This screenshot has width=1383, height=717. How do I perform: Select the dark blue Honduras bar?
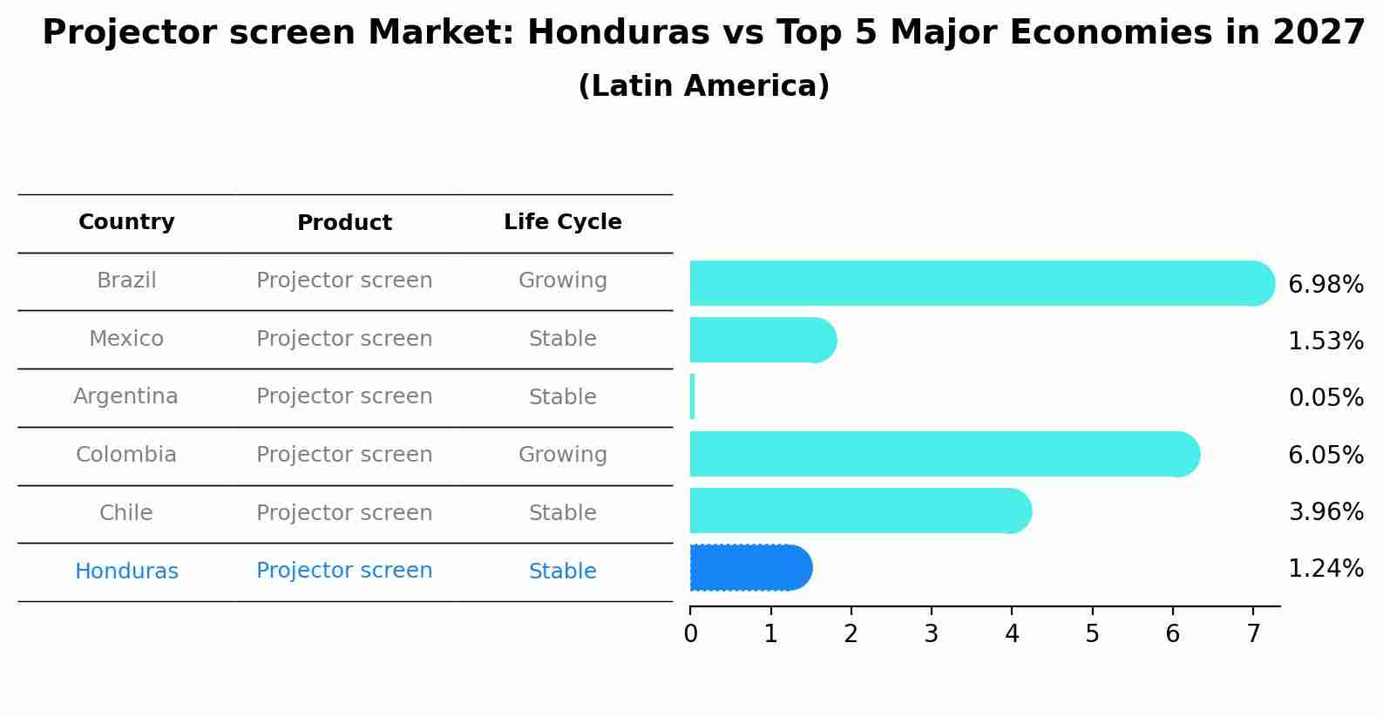click(749, 568)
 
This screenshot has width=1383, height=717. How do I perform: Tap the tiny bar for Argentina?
click(693, 397)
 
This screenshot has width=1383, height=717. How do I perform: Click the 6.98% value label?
click(1325, 285)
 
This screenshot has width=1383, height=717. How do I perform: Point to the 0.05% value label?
click(1325, 398)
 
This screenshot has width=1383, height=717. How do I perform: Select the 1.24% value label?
click(1325, 569)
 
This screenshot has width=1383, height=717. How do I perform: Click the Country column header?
click(126, 222)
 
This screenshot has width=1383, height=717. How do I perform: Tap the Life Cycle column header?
click(562, 222)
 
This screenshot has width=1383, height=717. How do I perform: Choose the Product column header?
click(344, 223)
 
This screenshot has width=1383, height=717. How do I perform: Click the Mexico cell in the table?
click(126, 339)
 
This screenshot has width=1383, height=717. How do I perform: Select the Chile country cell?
click(126, 513)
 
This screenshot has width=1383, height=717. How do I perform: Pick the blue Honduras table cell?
click(126, 572)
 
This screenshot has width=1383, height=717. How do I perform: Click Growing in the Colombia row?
click(562, 455)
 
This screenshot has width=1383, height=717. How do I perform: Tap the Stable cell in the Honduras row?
click(562, 572)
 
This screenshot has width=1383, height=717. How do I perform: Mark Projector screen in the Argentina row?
click(344, 396)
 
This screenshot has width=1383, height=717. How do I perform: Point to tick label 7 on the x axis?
click(1253, 634)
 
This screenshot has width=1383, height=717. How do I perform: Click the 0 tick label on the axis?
click(690, 634)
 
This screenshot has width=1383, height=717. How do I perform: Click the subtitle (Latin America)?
click(703, 86)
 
